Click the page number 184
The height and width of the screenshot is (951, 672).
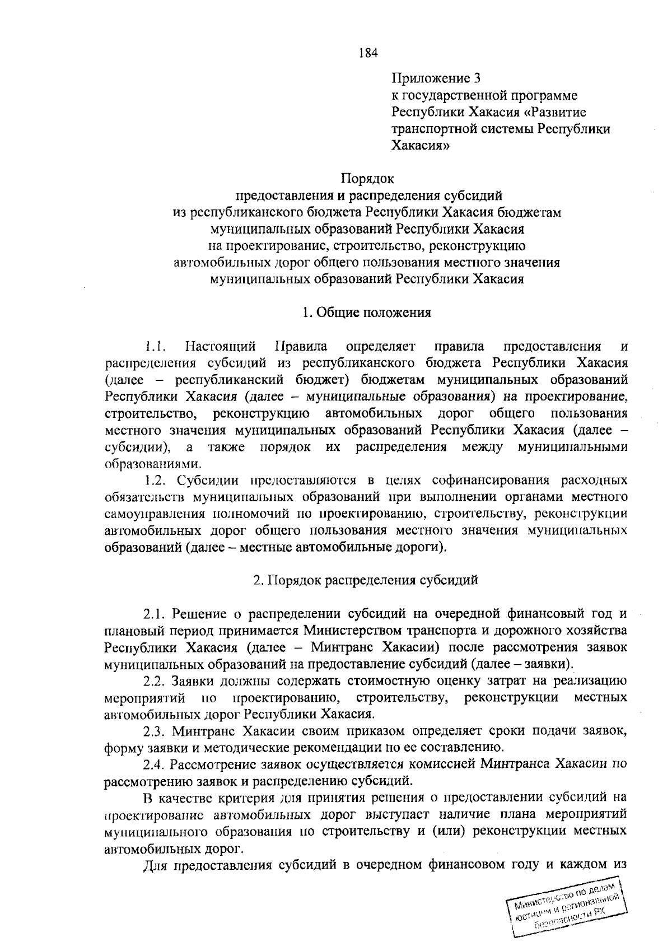pyautogui.click(x=368, y=54)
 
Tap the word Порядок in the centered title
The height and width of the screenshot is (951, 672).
pyautogui.click(x=367, y=179)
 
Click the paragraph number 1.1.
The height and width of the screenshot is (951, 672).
pyautogui.click(x=153, y=346)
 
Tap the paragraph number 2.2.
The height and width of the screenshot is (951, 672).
pyautogui.click(x=153, y=681)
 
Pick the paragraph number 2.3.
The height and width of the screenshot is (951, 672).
pyautogui.click(x=153, y=731)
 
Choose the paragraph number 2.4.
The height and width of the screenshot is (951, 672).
pyautogui.click(x=153, y=764)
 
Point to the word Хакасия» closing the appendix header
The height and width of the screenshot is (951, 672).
pyautogui.click(x=420, y=146)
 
